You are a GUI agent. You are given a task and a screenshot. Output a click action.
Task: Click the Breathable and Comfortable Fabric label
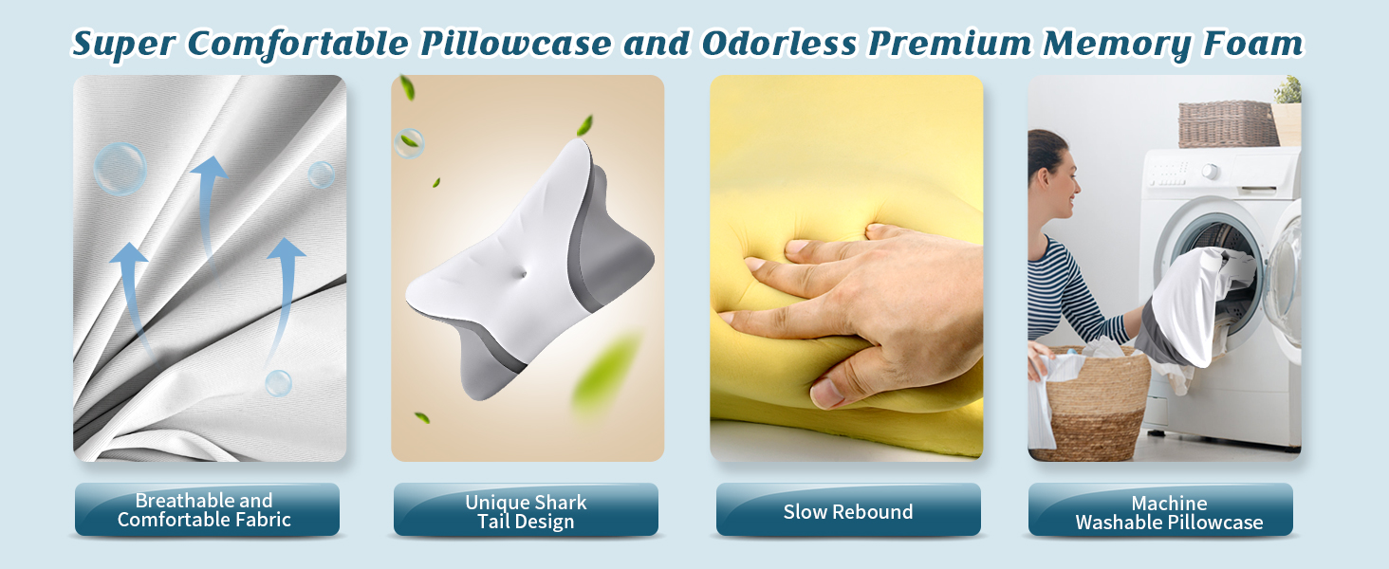206,510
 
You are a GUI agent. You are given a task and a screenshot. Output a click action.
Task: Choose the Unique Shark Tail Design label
526,512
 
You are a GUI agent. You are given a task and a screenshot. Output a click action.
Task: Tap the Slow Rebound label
847,512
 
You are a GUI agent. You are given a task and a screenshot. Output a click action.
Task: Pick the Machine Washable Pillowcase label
1169,512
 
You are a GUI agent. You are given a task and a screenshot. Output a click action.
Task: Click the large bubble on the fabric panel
120,169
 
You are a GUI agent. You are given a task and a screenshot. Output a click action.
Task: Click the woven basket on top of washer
1228,123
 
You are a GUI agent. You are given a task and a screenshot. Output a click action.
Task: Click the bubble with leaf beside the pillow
408,143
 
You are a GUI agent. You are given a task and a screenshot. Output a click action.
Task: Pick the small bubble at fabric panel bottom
278,383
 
